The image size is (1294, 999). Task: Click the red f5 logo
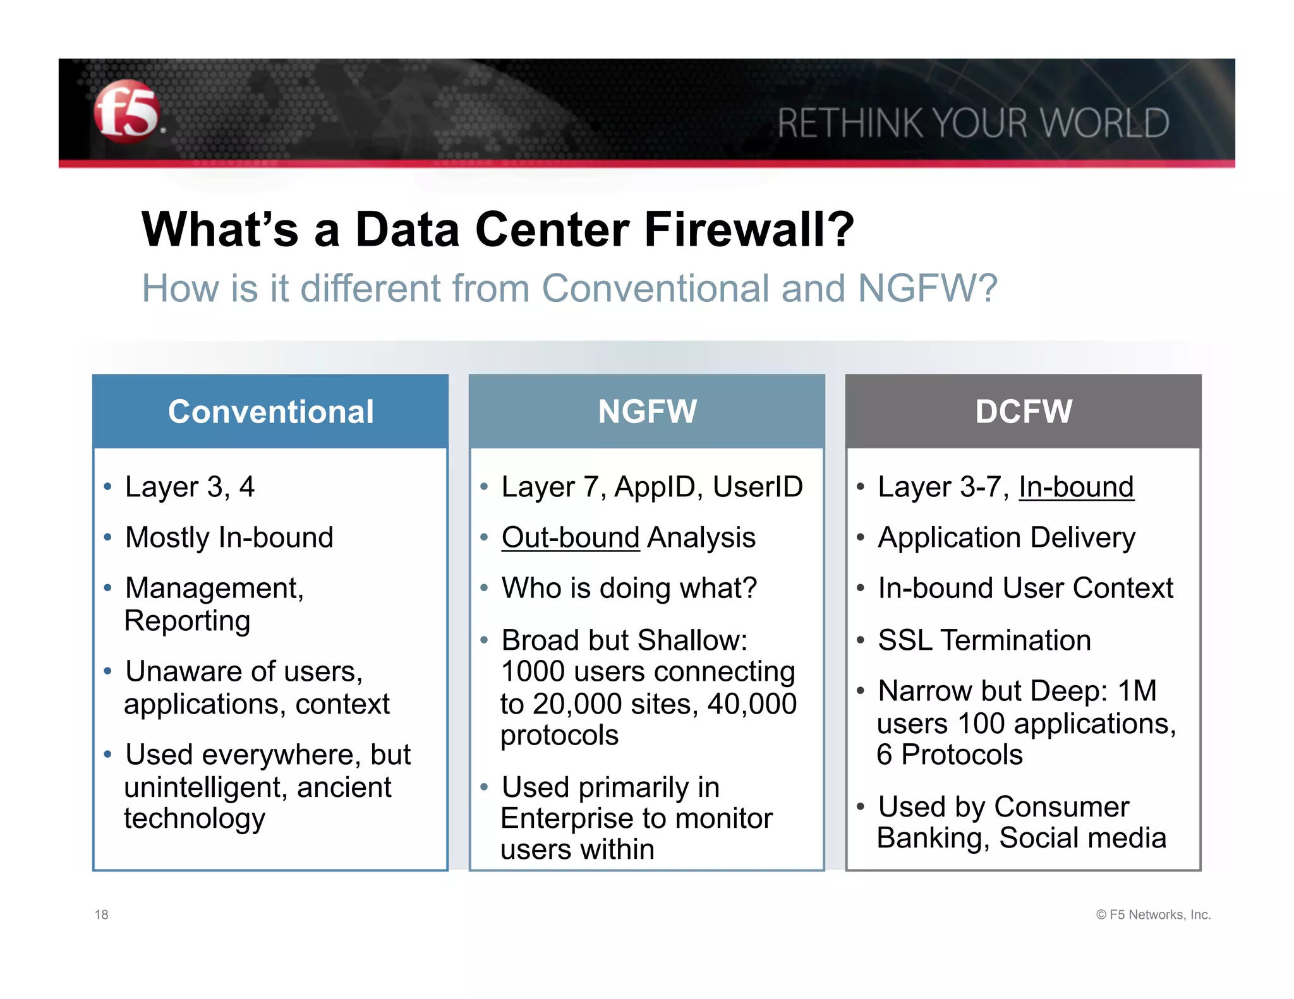pos(126,112)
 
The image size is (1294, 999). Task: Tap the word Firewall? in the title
pos(749,230)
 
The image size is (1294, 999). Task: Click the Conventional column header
pos(270,412)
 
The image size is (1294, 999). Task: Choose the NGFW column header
pos(647,412)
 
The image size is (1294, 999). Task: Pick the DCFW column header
pos(1023,412)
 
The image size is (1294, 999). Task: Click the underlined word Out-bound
pos(571,538)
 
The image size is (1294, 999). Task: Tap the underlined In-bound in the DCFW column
pos(1076,488)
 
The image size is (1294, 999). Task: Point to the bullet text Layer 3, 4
pos(190,488)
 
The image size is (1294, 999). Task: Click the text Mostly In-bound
pos(229,538)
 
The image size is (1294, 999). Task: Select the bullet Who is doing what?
pos(629,589)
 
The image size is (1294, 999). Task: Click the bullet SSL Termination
pos(984,640)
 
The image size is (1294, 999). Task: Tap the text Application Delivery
pos(1006,538)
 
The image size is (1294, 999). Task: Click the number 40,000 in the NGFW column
pos(752,704)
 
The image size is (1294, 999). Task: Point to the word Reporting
pos(187,621)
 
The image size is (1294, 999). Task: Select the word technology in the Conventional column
pos(195,819)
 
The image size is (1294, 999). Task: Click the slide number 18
pos(102,914)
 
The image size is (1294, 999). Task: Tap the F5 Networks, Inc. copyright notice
pos(1153,914)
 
